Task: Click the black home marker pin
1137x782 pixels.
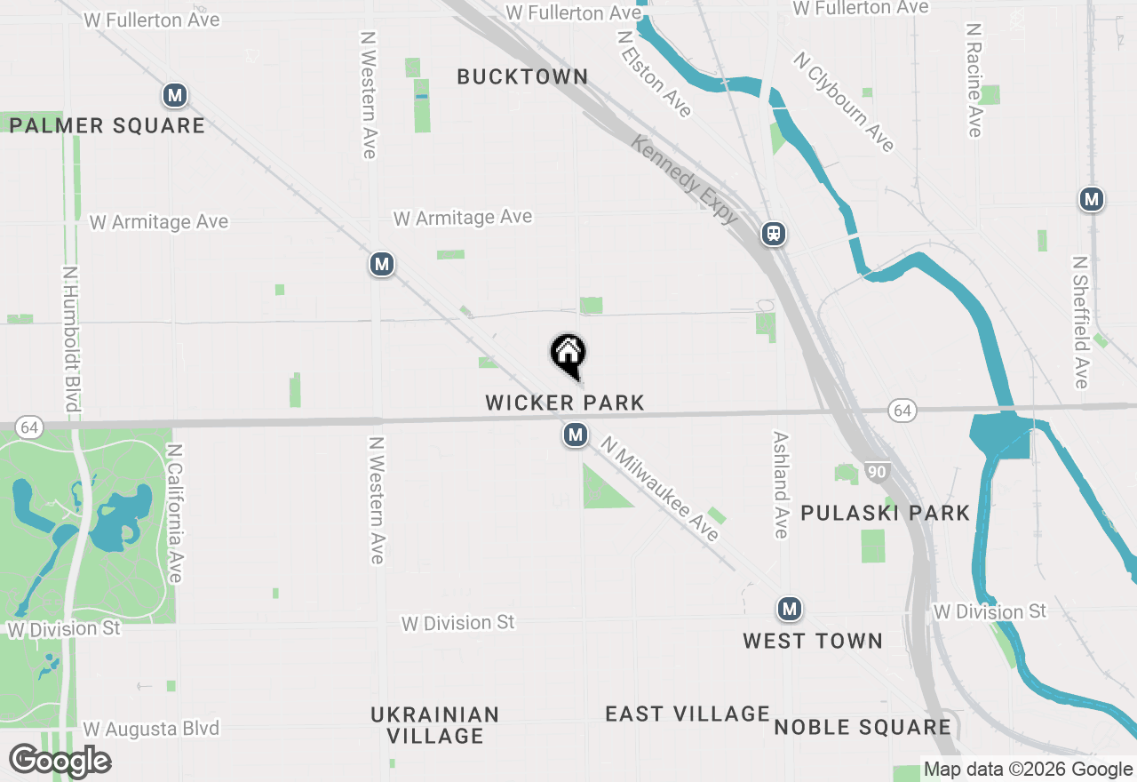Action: click(x=568, y=354)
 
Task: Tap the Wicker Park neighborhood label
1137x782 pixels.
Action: click(x=565, y=403)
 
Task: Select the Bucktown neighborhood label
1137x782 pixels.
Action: click(x=522, y=77)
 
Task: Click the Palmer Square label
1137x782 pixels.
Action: click(x=107, y=125)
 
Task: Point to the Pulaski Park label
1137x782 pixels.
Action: click(x=885, y=513)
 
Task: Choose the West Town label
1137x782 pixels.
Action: click(x=813, y=641)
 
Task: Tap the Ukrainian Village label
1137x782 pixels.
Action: click(x=435, y=725)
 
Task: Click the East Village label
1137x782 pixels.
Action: click(x=688, y=714)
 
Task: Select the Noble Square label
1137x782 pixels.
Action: click(x=863, y=727)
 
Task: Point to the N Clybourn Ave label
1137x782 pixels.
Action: click(x=844, y=101)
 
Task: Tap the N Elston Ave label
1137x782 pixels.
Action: click(x=655, y=75)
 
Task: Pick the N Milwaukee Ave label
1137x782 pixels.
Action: click(x=659, y=488)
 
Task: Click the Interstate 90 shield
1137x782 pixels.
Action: click(x=877, y=472)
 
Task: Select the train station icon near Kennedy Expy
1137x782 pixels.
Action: click(x=774, y=234)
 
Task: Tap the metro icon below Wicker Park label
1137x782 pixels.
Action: click(x=576, y=435)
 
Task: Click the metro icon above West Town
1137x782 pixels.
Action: click(x=789, y=609)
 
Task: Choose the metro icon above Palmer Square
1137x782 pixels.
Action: click(x=175, y=95)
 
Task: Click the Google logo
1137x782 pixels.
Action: click(x=60, y=761)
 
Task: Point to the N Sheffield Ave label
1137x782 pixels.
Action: click(x=1080, y=323)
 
